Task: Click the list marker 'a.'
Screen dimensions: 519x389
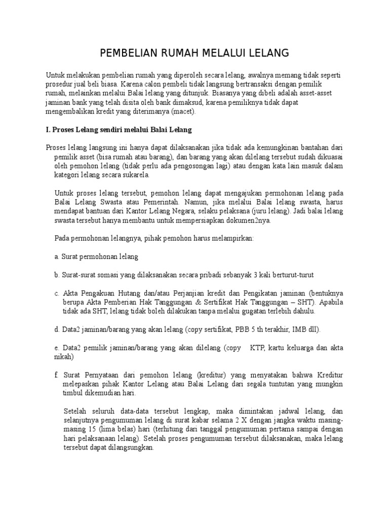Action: [57, 257]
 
